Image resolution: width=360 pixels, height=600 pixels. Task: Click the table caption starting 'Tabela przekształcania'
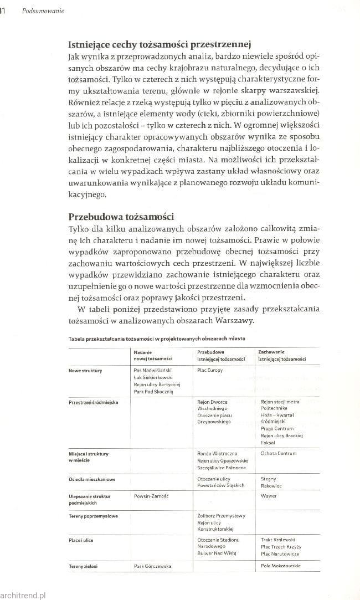149,338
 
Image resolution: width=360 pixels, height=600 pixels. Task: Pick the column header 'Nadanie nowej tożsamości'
153,356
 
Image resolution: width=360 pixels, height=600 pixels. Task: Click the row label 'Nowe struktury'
85,371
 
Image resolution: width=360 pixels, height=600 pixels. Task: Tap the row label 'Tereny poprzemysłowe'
92,516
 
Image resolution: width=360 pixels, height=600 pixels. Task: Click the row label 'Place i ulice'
82,539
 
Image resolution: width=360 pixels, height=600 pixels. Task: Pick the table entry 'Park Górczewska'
152,566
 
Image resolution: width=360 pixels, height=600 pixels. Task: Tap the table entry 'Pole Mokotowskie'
280,566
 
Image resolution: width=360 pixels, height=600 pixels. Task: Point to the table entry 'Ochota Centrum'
279,453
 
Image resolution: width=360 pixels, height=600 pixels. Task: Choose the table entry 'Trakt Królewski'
277,539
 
